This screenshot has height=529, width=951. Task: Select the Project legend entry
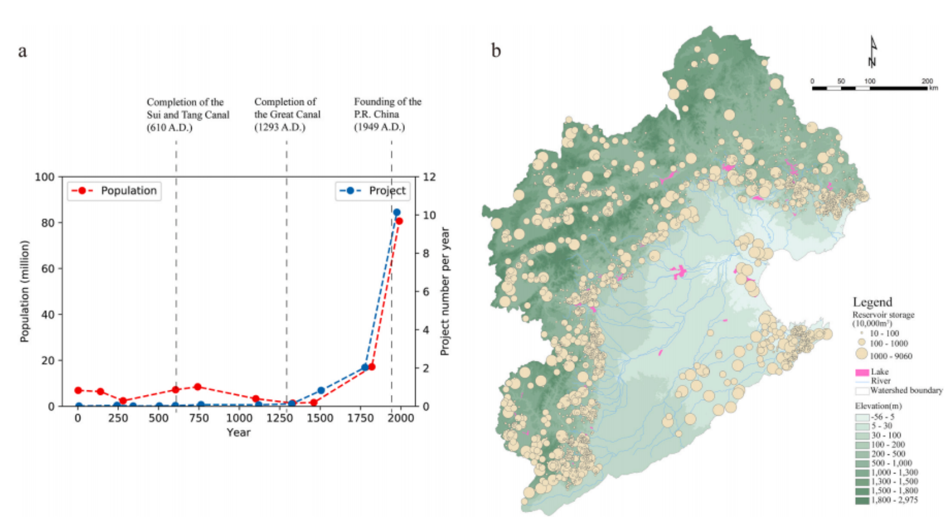[x=373, y=191]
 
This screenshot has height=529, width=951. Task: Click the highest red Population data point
[x=399, y=221]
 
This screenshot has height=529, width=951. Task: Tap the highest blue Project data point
[x=397, y=213]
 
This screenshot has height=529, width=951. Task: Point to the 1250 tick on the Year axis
[x=279, y=418]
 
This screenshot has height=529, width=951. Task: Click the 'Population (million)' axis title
[x=24, y=292]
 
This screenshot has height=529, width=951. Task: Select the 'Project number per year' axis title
[x=445, y=292]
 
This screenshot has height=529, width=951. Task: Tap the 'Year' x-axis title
[x=238, y=433]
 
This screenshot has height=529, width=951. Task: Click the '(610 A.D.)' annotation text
[x=170, y=128]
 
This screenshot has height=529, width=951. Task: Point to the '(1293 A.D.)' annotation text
[x=279, y=128]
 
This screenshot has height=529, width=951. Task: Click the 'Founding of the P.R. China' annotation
[x=387, y=108]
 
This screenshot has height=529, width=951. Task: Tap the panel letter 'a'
[x=23, y=51]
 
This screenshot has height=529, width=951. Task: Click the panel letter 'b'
[x=496, y=51]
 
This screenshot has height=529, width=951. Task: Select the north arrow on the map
[x=872, y=53]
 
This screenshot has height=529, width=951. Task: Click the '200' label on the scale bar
[x=927, y=81]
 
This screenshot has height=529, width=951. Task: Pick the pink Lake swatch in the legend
[x=862, y=372]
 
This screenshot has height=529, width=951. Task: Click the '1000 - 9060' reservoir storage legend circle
[x=862, y=354]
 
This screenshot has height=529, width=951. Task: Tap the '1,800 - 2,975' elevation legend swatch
[x=862, y=500]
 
